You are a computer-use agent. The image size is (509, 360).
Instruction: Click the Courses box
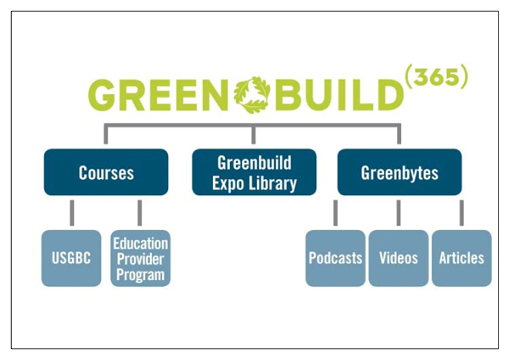click(106, 172)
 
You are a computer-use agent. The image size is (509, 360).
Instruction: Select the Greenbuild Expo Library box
click(254, 172)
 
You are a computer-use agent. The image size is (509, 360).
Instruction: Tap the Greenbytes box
click(400, 172)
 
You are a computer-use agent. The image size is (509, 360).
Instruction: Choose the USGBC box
click(71, 258)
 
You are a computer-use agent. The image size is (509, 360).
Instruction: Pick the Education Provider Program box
click(140, 258)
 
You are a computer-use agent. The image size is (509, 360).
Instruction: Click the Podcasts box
click(335, 258)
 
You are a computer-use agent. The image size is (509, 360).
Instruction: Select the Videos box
click(398, 258)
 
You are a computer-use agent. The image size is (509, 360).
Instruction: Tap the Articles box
click(461, 258)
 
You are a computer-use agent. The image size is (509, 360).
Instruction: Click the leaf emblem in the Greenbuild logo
click(252, 94)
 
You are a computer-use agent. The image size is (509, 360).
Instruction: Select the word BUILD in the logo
click(337, 95)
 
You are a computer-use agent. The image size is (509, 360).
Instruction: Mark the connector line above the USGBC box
click(72, 213)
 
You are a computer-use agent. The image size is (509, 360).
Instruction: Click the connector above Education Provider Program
click(140, 213)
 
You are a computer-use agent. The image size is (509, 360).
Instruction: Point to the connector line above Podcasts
click(336, 213)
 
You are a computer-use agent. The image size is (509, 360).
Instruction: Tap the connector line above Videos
click(398, 213)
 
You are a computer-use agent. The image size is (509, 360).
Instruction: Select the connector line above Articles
click(461, 213)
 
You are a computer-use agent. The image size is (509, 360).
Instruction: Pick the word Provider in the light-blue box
click(140, 257)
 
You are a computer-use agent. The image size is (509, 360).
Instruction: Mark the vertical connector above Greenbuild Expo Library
click(254, 136)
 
